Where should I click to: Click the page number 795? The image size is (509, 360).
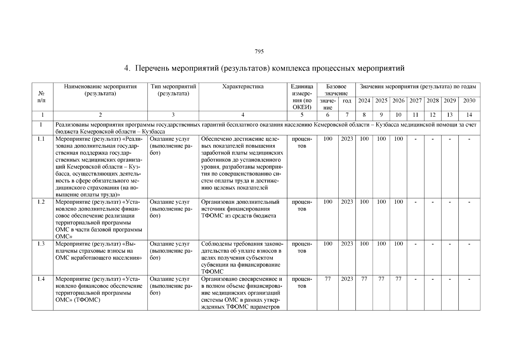click(x=259, y=52)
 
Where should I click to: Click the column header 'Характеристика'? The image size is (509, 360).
click(x=243, y=87)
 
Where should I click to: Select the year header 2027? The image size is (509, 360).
click(x=415, y=101)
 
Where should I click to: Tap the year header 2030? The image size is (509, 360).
click(x=469, y=101)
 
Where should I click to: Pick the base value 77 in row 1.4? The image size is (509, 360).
click(x=328, y=279)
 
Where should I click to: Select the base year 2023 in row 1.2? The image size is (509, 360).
click(x=347, y=202)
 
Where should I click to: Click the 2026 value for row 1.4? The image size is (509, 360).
click(x=398, y=279)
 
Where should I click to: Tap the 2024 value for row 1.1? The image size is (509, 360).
click(x=364, y=139)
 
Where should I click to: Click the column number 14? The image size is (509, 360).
click(x=469, y=115)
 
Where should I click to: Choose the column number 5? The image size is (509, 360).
click(x=302, y=115)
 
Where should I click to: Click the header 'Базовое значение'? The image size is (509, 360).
click(x=336, y=90)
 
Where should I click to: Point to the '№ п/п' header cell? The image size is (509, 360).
click(x=42, y=97)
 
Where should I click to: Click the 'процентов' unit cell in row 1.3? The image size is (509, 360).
click(x=302, y=247)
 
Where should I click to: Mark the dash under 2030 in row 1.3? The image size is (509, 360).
click(x=469, y=244)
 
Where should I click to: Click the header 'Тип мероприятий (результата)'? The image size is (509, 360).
click(x=173, y=90)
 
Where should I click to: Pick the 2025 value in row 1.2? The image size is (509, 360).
click(x=381, y=202)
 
